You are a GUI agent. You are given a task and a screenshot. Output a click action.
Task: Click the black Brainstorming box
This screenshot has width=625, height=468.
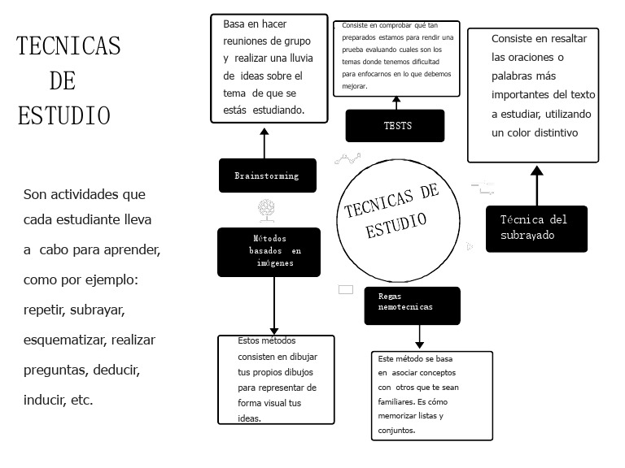coord(267,175)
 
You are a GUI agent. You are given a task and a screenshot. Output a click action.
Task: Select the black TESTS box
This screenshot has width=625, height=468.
coord(396,126)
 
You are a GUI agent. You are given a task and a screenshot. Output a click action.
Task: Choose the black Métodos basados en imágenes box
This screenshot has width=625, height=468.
coord(269,252)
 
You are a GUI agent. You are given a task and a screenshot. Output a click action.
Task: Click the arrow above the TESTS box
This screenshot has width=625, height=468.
coord(396,103)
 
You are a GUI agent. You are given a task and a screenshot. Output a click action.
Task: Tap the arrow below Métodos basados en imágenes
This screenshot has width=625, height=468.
coord(275,305)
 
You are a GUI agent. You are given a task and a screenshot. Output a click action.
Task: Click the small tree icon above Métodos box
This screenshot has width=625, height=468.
coord(266,210)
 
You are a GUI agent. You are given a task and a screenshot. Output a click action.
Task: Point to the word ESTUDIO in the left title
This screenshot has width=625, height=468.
coord(63,115)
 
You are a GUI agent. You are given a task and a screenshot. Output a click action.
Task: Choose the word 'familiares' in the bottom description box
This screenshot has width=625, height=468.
coord(395,401)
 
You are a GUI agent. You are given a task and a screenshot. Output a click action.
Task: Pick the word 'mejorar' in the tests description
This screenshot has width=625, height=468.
coord(355,86)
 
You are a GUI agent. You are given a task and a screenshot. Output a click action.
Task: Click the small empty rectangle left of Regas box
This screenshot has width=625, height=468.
coord(346,289)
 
